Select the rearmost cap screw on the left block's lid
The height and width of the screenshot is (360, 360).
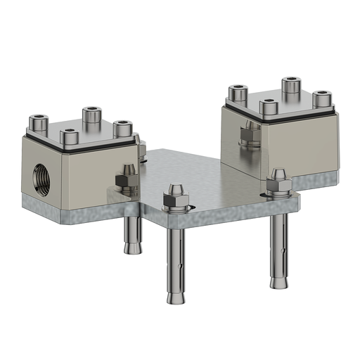91,115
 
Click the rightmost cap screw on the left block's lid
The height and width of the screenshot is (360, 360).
122,129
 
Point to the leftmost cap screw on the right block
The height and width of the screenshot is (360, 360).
240,92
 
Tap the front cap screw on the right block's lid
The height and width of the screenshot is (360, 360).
268,107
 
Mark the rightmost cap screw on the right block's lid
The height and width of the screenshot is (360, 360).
321,98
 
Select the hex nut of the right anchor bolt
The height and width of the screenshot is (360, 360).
278,185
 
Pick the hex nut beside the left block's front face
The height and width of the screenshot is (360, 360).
127,181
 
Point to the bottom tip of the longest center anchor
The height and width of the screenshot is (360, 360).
175,300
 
